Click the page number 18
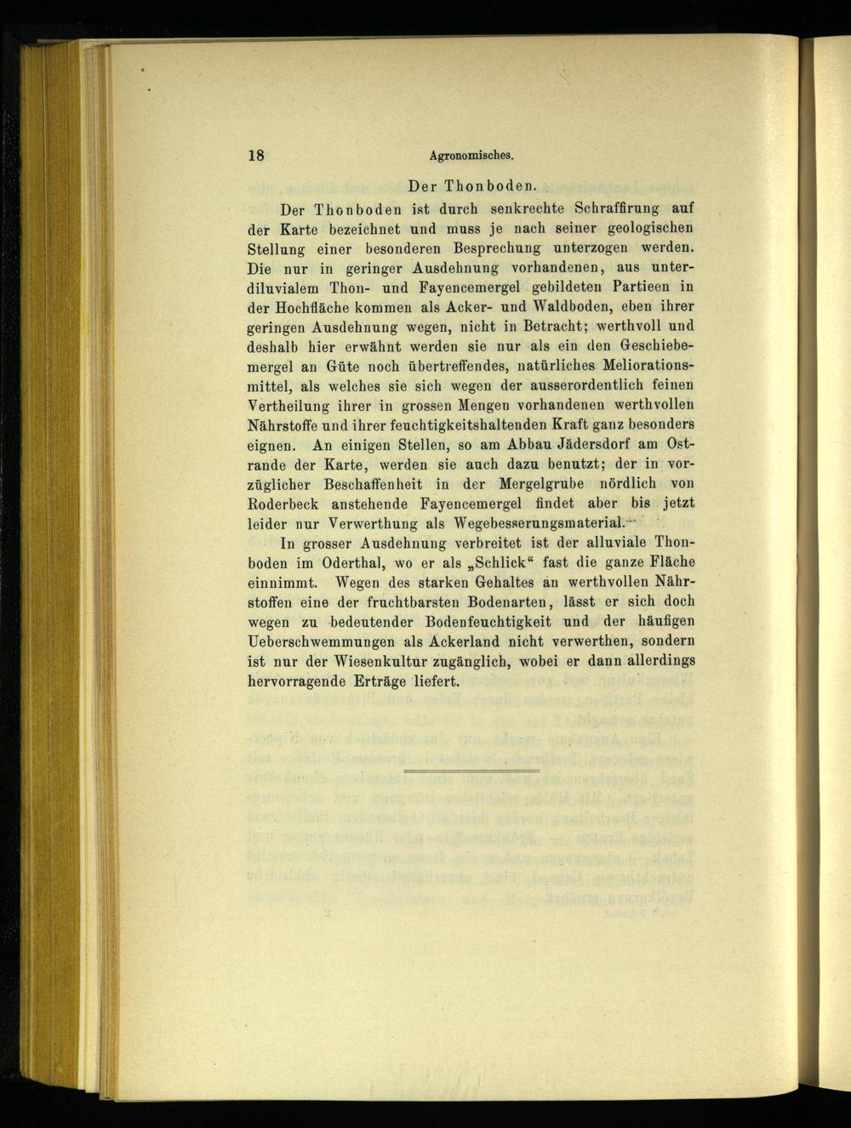pos(256,155)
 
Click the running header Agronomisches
pos(473,156)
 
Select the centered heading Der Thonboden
pos(471,185)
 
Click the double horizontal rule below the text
pos(471,771)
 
